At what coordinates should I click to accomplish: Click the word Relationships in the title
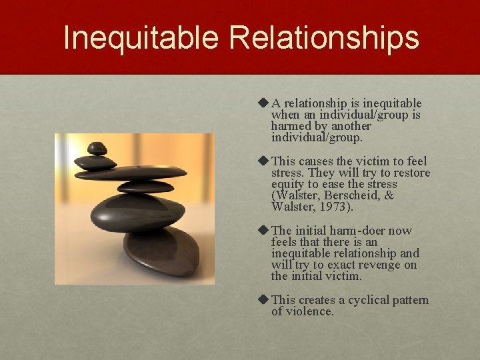(324, 38)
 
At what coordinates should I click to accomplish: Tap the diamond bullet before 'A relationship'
(263, 103)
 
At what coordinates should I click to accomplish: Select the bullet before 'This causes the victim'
(263, 161)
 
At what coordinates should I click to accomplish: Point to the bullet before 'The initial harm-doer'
(263, 231)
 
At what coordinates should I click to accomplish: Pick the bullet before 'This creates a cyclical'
(263, 300)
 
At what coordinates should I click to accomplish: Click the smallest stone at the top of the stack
(98, 148)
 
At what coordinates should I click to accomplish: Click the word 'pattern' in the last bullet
(409, 300)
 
